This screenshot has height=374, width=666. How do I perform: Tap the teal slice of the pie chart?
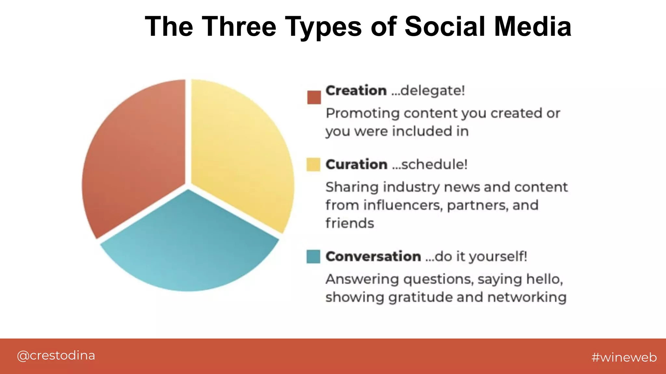point(189,247)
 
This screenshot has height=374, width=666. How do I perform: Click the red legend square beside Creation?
point(314,97)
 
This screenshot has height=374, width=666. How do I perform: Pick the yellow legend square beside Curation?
point(313,165)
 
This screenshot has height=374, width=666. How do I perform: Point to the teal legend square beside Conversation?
point(313,256)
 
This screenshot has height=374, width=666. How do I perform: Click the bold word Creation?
point(356,91)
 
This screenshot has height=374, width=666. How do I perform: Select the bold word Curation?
point(356,165)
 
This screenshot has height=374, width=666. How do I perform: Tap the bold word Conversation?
point(373,256)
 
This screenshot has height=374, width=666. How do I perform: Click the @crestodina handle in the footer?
point(56,356)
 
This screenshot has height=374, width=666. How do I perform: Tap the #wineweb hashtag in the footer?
point(624,357)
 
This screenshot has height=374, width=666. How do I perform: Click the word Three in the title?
point(239,27)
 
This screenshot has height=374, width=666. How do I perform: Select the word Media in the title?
point(532,27)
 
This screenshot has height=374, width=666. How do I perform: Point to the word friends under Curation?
point(350,223)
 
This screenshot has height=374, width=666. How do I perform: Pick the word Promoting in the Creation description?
point(363,113)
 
